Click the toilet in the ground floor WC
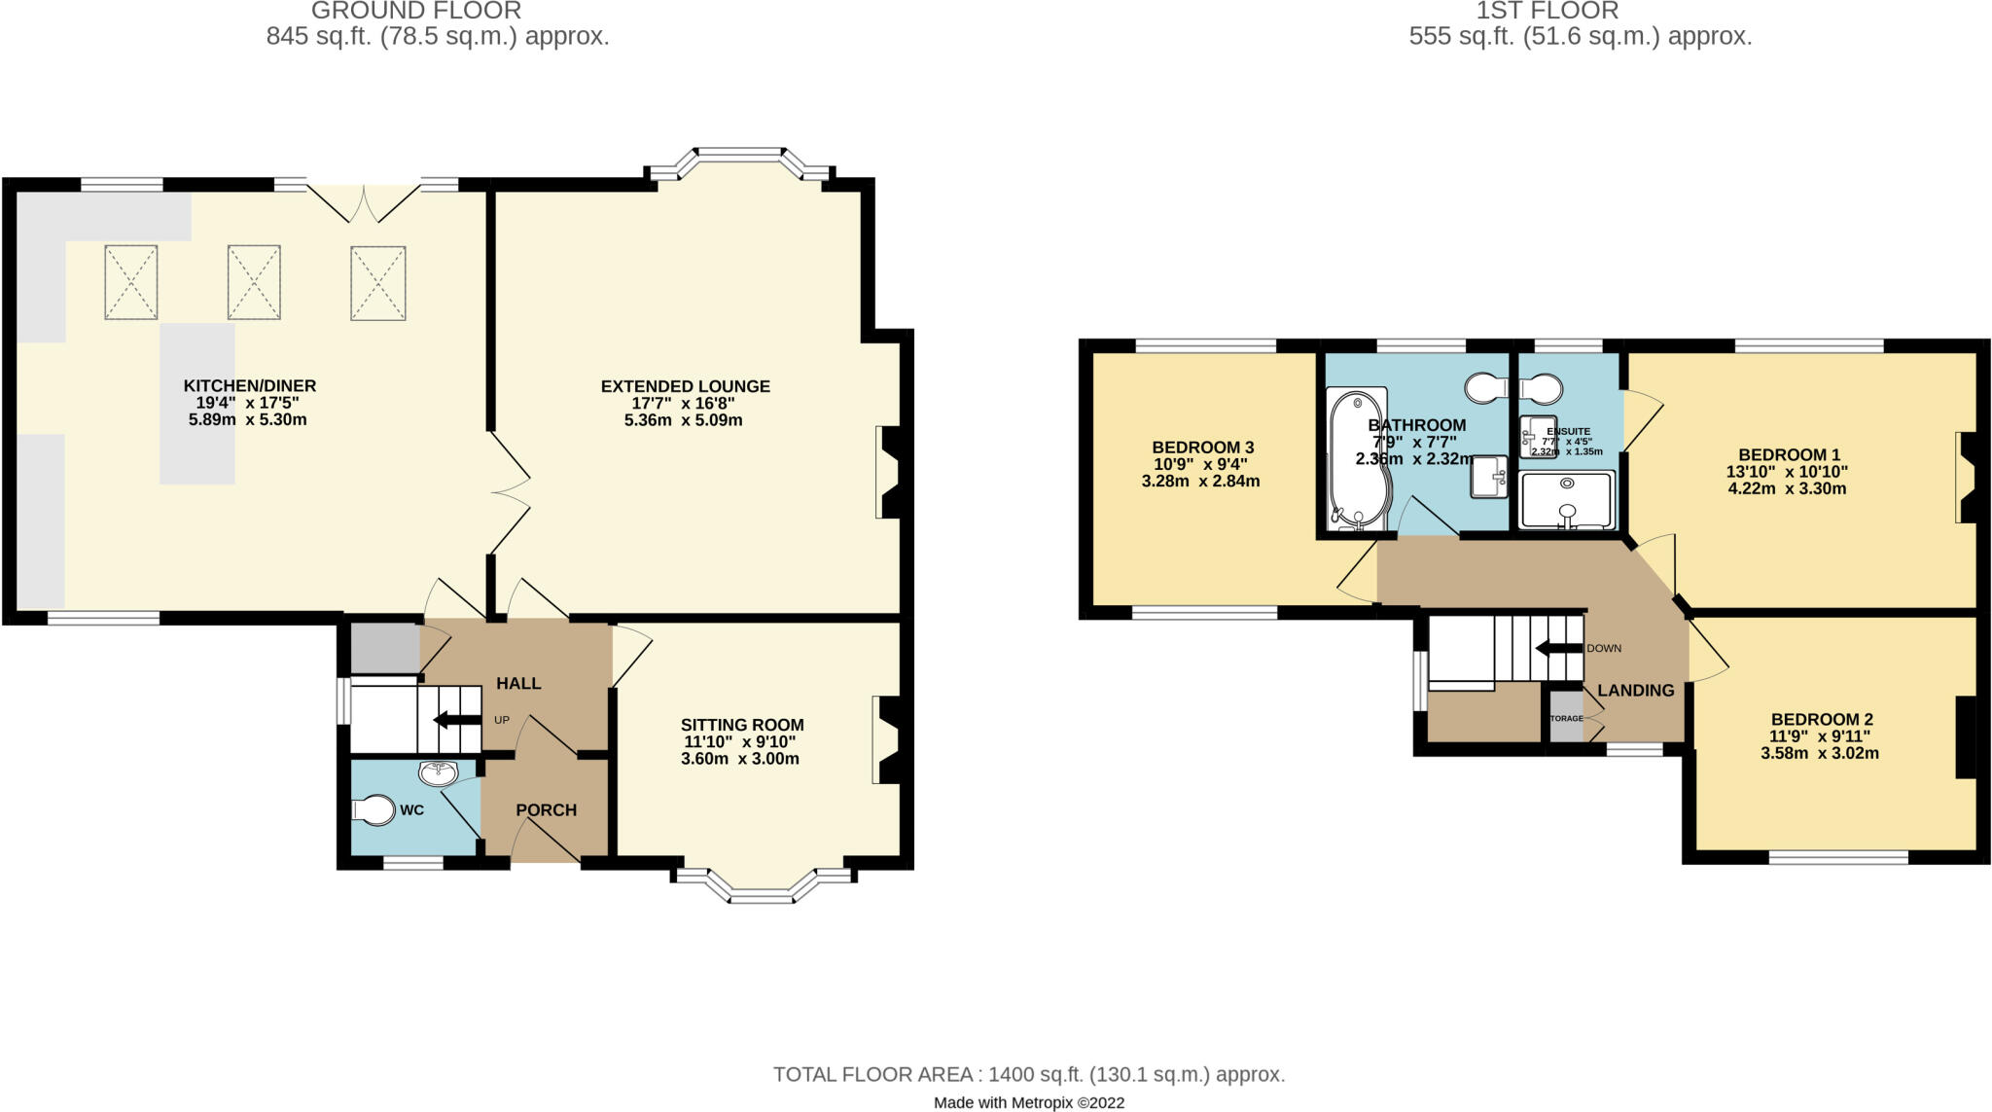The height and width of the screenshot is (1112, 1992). (x=373, y=810)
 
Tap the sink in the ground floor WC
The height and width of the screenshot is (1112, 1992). (x=438, y=774)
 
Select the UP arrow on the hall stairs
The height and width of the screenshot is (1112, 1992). (x=456, y=720)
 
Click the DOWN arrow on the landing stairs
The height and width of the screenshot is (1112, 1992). (x=1557, y=649)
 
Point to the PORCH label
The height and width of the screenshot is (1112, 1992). (x=546, y=810)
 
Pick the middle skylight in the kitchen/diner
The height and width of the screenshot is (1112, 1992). (x=254, y=282)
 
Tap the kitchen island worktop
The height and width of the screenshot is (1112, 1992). (x=197, y=404)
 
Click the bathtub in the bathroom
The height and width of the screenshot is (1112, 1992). (x=1358, y=459)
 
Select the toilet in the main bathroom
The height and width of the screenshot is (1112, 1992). (x=1484, y=388)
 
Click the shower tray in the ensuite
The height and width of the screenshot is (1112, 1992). (x=1566, y=500)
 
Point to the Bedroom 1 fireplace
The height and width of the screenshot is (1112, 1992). (x=1964, y=478)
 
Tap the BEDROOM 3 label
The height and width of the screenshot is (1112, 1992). (x=1202, y=448)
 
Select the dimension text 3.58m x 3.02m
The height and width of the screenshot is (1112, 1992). (x=1819, y=753)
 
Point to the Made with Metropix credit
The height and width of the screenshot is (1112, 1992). (x=1028, y=1102)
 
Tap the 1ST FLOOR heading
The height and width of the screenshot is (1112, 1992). (x=1547, y=12)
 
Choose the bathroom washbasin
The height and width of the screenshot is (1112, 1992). (x=1487, y=477)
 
